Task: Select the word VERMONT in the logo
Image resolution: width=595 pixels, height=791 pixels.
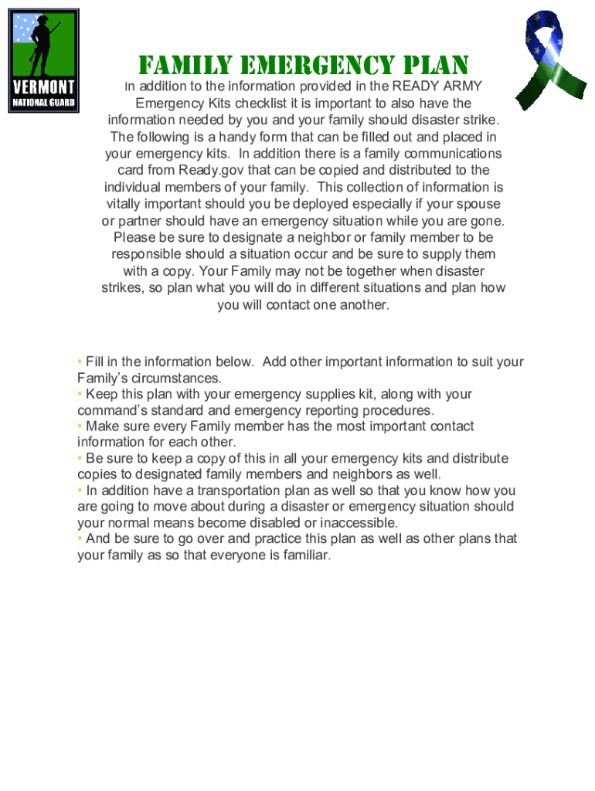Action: click(x=43, y=85)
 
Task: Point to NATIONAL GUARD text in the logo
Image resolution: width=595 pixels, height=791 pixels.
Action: click(x=43, y=101)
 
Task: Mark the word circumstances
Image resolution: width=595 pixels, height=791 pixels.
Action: click(x=178, y=378)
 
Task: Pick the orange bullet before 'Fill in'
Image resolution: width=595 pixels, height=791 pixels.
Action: click(x=80, y=362)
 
